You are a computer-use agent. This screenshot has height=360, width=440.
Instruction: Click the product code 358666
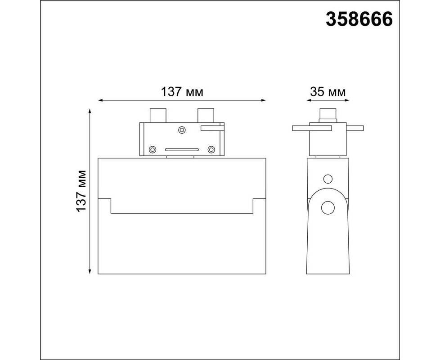(359, 19)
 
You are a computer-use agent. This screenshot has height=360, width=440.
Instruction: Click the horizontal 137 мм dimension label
(182, 92)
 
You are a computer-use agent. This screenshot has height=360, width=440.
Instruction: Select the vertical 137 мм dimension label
(81, 191)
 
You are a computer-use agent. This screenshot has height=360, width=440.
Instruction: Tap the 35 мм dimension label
(328, 92)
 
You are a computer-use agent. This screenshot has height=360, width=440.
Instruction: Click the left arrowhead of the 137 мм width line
(100, 100)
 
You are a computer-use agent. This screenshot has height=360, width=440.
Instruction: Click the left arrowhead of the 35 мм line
(309, 100)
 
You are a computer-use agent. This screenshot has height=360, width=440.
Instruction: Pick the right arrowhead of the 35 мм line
(347, 100)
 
